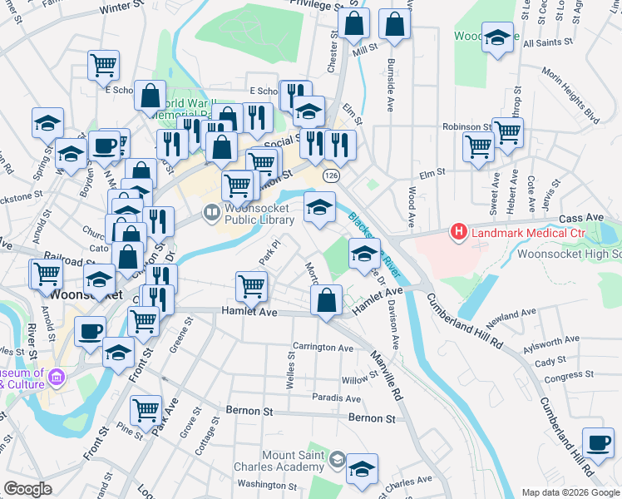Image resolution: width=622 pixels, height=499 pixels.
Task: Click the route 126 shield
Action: click(331, 176)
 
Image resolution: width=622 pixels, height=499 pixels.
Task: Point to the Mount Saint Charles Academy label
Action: click(294, 461)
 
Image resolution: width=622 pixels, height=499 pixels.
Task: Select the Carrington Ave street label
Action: click(323, 347)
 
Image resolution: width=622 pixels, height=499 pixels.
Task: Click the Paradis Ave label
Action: click(336, 398)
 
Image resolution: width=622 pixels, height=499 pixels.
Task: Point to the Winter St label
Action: click(121, 7)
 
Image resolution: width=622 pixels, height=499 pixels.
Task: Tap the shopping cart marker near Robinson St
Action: click(506, 131)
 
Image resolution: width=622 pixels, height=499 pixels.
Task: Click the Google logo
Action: click(28, 489)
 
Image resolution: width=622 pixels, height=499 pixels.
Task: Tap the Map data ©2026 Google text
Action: click(570, 492)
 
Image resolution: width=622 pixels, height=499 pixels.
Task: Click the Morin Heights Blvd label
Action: click(570, 104)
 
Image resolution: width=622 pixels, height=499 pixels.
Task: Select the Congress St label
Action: click(565, 376)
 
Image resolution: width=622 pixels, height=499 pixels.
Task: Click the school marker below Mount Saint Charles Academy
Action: click(362, 469)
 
